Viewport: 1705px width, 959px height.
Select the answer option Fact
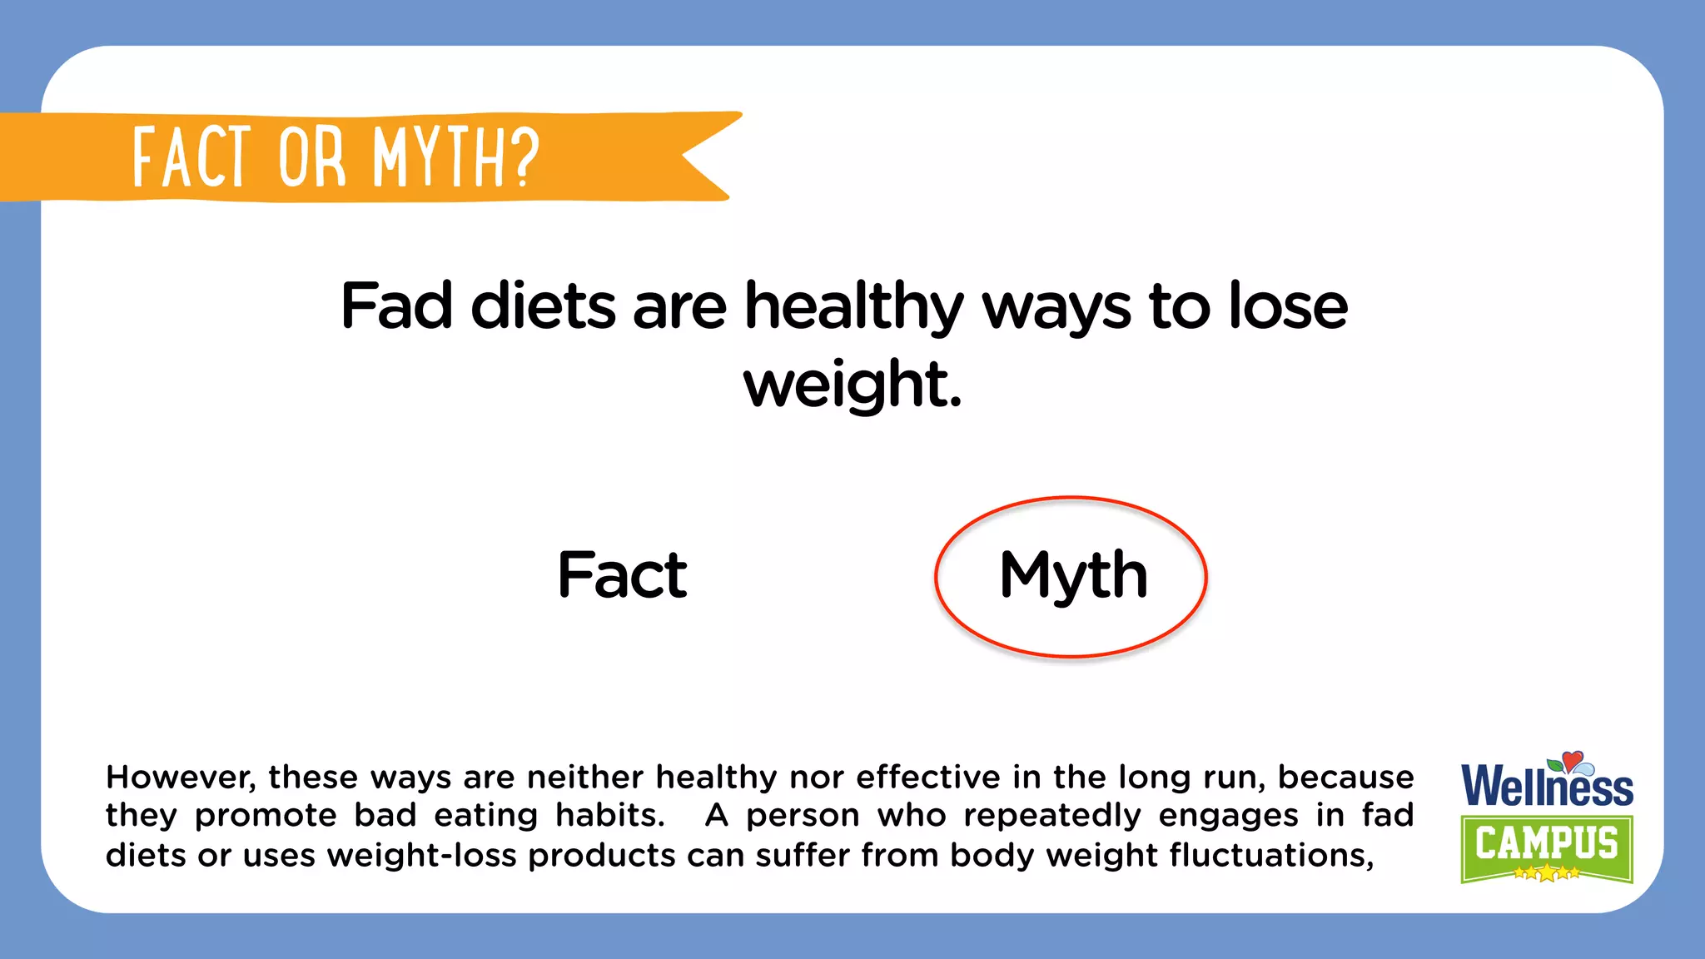[622, 574]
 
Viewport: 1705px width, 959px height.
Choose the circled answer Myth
[1072, 574]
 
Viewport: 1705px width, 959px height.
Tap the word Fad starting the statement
[396, 306]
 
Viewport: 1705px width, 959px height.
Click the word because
[1345, 778]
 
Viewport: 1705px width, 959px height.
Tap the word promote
[266, 816]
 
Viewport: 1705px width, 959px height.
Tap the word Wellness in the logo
[1547, 787]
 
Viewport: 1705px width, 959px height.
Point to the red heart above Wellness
[1572, 759]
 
